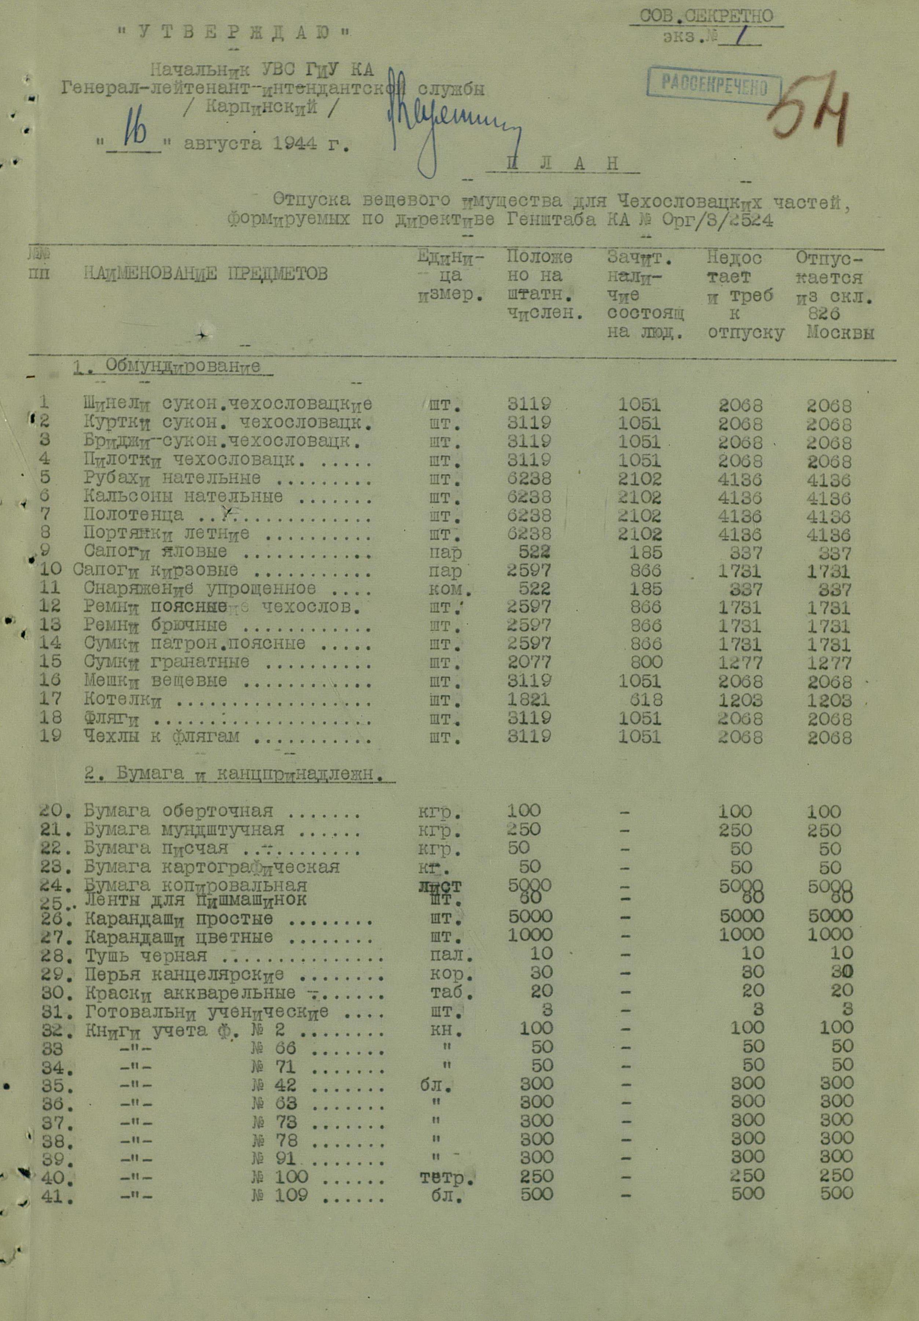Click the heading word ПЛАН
coord(563,164)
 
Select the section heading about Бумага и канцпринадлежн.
coord(233,775)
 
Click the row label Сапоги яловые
coord(155,552)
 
